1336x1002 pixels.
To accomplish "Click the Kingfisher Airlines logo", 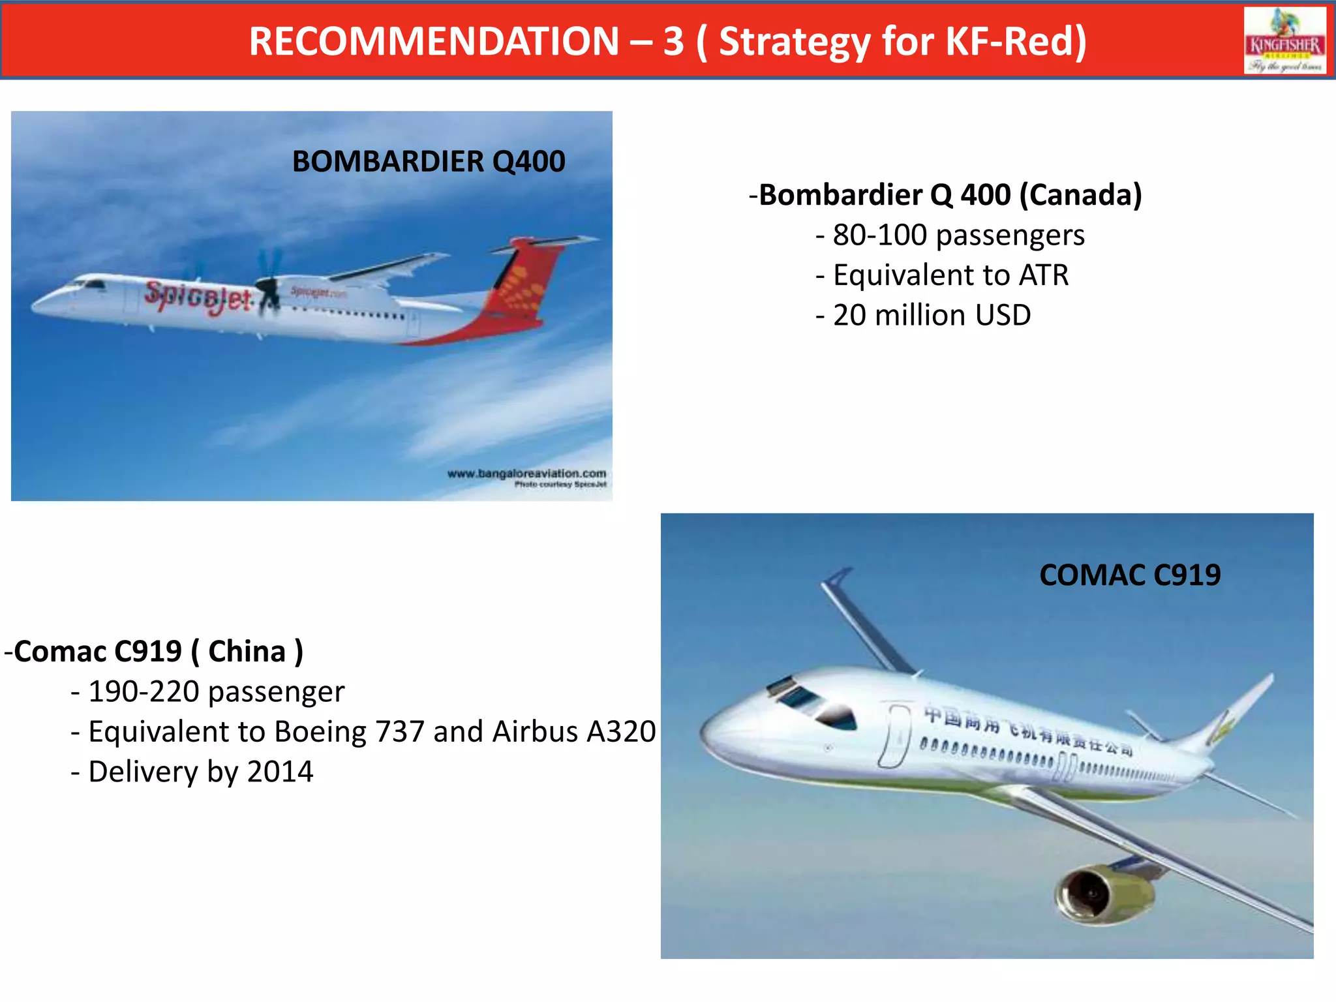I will (1284, 40).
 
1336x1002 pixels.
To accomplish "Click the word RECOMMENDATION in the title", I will (434, 42).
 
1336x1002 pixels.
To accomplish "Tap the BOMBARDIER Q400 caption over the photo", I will (429, 162).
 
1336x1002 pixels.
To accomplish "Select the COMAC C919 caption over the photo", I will (1129, 575).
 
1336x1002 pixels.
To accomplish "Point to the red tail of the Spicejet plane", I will (522, 281).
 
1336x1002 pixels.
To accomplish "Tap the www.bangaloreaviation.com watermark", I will (526, 473).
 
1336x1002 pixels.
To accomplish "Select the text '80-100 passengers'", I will (958, 235).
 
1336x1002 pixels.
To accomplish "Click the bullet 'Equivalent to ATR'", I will (950, 275).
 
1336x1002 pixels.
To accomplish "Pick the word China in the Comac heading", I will (247, 652).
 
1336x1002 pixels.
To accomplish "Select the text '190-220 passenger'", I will (216, 691).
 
